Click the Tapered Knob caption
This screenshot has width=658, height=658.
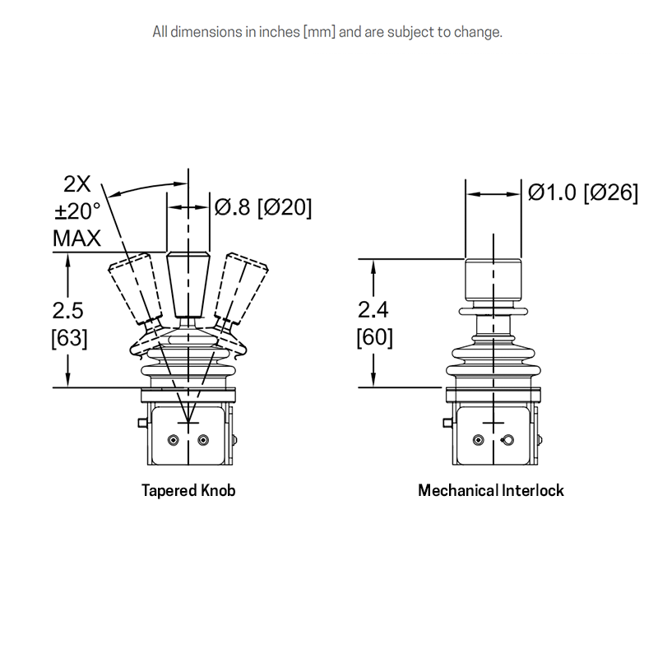point(188,490)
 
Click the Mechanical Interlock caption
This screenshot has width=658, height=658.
point(491,490)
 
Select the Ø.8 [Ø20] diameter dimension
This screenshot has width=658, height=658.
point(263,207)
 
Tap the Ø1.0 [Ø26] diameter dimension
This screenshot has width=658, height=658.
point(583,192)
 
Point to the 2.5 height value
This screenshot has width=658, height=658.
point(68,311)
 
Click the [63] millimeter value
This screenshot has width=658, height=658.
point(69,338)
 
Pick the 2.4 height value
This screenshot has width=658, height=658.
point(373,310)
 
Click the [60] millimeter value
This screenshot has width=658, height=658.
point(375,337)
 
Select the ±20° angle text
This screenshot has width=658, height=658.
point(77,211)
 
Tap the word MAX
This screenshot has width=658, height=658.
point(76,239)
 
